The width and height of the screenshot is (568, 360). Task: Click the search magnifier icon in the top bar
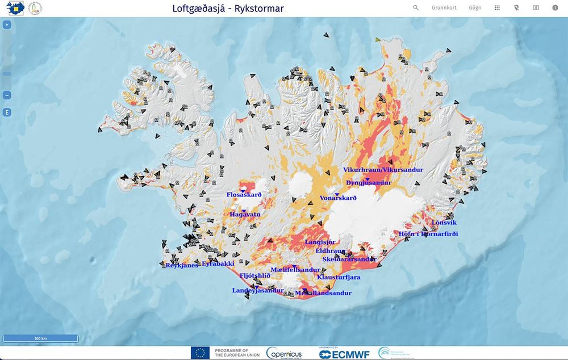[x=416, y=8]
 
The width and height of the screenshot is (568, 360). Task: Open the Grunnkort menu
[x=444, y=8]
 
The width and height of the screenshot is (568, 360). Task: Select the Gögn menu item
[x=475, y=8]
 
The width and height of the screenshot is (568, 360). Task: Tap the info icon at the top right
[x=555, y=8]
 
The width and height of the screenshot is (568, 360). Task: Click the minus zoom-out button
[x=7, y=95]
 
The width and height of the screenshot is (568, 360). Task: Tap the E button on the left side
[x=7, y=112]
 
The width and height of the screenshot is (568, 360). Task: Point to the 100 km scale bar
[x=40, y=338]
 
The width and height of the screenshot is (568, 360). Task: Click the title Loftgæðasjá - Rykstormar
[x=228, y=9]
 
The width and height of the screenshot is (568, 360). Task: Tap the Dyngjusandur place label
[x=369, y=183]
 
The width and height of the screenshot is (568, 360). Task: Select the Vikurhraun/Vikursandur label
[x=383, y=170]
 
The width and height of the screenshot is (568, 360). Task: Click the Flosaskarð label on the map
[x=244, y=195]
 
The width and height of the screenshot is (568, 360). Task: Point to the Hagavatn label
[x=245, y=215]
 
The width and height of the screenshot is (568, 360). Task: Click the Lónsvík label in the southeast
[x=444, y=223]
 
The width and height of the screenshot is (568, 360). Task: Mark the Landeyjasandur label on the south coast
[x=257, y=291]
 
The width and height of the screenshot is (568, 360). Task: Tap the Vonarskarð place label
[x=338, y=198]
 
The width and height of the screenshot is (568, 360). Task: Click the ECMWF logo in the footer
[x=344, y=353]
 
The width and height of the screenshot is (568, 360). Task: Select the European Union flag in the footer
[x=200, y=353]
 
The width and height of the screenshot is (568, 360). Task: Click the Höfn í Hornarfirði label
[x=428, y=234]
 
